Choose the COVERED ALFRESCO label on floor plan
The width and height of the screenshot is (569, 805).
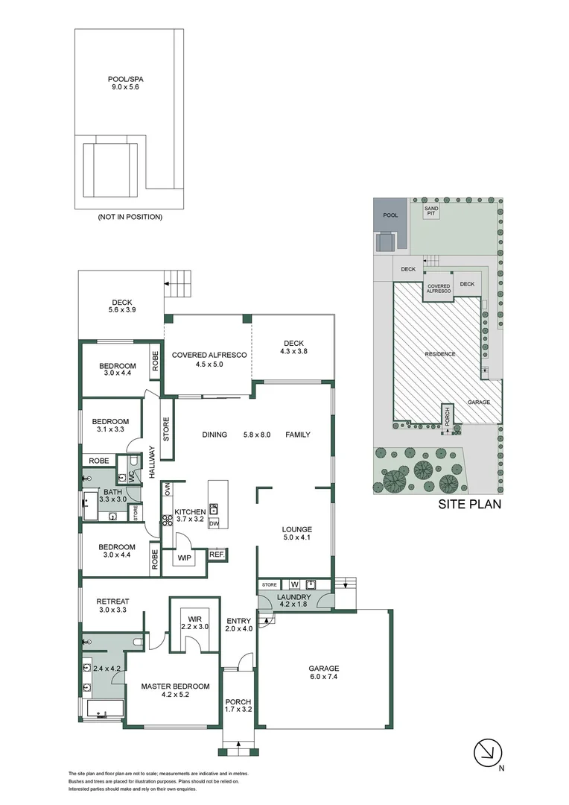209,360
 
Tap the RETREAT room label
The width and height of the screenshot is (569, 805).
112,606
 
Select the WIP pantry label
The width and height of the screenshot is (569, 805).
184,557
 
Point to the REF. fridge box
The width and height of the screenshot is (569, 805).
216,555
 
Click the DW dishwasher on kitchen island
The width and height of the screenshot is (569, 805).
214,524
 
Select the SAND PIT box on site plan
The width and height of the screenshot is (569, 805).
431,211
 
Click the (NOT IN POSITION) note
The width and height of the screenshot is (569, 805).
130,217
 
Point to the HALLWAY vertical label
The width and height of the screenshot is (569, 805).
151,462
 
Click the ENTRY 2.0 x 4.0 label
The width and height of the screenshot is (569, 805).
238,624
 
